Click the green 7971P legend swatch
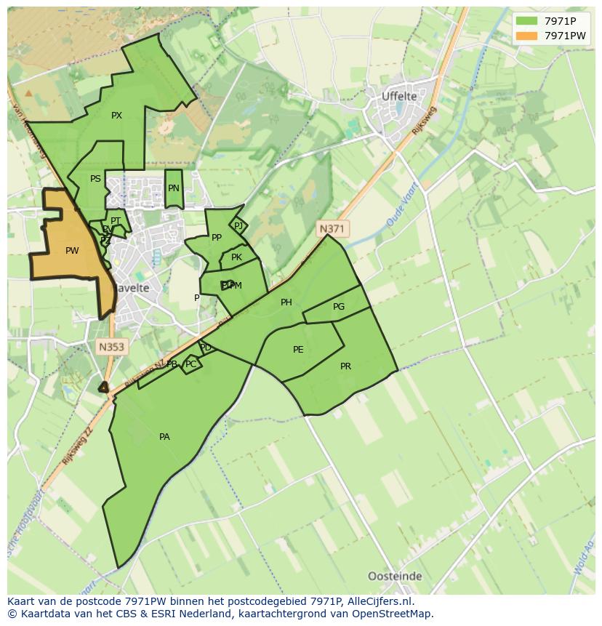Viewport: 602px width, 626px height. pos(526,20)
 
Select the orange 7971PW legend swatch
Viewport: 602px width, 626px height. pos(526,36)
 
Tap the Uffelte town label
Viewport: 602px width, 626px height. pos(399,96)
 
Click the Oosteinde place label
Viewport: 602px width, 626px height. pos(395,576)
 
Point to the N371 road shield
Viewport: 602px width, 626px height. pos(332,229)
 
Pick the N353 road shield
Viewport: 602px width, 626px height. pos(111,348)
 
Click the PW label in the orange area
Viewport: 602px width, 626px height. pos(72,251)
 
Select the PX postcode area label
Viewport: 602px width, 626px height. pos(116,116)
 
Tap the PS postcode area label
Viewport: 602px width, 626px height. pos(95,179)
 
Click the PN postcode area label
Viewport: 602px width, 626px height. pos(173,188)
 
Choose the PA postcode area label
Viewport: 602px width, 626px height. pos(164,437)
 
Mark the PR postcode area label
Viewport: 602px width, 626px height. pos(345,366)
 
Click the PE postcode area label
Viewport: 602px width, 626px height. pos(298,350)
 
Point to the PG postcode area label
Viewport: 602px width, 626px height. pos(339,307)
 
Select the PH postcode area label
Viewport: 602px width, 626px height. pos(286,302)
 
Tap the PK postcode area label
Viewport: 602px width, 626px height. pos(236,257)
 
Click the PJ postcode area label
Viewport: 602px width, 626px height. pos(238,226)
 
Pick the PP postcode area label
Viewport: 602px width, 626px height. pos(217,238)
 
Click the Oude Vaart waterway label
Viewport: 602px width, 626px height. pos(401,210)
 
